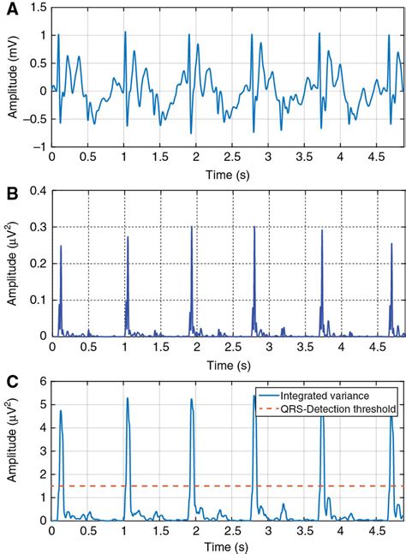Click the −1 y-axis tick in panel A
click(x=39, y=146)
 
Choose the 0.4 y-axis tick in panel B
click(x=39, y=189)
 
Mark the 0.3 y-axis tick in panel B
click(x=39, y=226)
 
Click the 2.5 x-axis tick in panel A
click(x=232, y=158)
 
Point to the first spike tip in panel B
click(x=61, y=247)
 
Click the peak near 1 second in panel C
click(x=127, y=398)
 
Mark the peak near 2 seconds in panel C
click(x=192, y=399)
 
